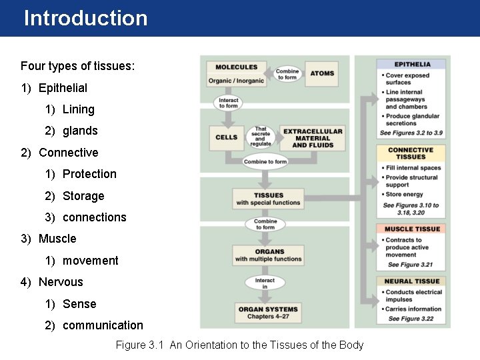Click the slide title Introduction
[85, 18]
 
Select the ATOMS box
[322, 73]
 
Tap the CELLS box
[227, 137]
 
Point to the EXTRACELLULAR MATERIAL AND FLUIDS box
[313, 138]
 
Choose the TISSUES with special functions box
[269, 199]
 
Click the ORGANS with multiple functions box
[269, 255]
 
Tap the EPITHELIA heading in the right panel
[413, 65]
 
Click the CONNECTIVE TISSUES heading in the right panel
[411, 153]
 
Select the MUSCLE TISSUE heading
[413, 229]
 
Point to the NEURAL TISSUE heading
[413, 281]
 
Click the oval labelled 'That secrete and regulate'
[261, 136]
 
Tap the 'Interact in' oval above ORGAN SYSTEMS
[265, 283]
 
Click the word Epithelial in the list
[63, 88]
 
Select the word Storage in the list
[83, 196]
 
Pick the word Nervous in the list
[61, 282]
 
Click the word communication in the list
[103, 325]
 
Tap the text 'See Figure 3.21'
[408, 265]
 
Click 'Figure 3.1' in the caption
[140, 345]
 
